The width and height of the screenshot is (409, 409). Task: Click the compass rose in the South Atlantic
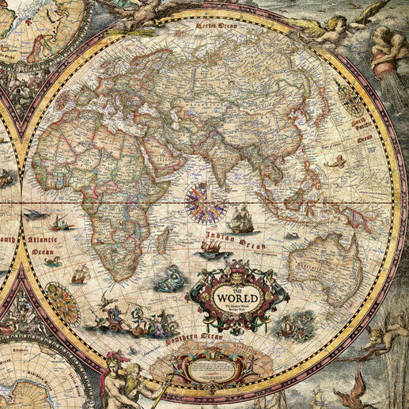pyautogui.click(x=61, y=303)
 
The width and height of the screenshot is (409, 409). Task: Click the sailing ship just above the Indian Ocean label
pyautogui.click(x=243, y=219)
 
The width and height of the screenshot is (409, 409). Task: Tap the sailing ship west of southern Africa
pyautogui.click(x=79, y=275)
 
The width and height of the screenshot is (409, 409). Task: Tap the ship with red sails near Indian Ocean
pyautogui.click(x=210, y=248)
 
